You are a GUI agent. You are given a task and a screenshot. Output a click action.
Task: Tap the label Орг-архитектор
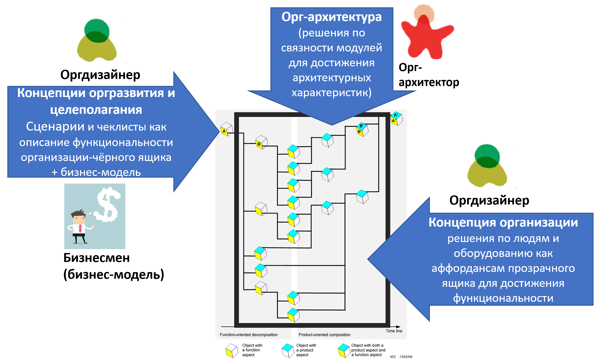point(429,75)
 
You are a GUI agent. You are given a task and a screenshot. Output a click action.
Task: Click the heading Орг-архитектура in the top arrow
point(332,17)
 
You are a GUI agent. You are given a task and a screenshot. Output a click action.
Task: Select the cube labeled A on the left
point(226,129)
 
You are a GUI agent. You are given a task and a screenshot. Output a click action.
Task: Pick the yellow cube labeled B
point(261,142)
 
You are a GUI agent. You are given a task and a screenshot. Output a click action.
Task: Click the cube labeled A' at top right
point(396,118)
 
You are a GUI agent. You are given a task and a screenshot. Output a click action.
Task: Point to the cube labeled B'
point(362,129)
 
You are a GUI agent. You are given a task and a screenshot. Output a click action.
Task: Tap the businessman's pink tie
point(80,228)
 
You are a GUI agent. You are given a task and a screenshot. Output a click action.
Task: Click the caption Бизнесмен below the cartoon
point(97,258)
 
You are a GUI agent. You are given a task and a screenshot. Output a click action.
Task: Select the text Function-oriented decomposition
point(249,335)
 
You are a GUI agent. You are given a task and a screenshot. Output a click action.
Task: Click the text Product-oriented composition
point(324,335)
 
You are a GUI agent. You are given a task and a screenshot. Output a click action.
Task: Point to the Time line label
point(394,331)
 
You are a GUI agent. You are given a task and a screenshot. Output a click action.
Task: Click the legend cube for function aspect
point(232,351)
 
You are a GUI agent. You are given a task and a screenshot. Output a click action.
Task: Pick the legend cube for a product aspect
point(288,351)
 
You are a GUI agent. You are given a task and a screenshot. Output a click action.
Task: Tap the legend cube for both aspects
point(344,351)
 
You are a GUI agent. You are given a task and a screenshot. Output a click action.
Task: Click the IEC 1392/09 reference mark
point(401,357)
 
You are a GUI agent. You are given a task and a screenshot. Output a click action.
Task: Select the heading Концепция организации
point(503,222)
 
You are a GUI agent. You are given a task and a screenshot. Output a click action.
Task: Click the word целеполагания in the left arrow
point(96,110)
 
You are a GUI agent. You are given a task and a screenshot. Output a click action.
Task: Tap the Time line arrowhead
point(398,327)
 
